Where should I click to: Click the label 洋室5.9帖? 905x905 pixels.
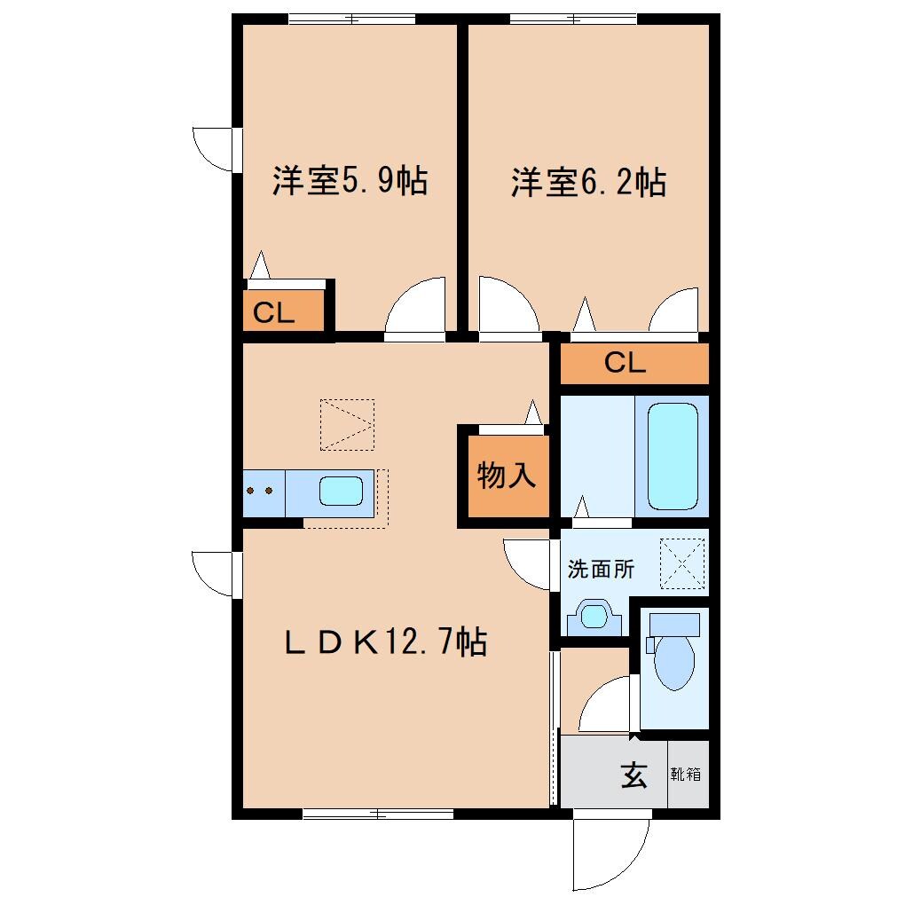tap(350, 182)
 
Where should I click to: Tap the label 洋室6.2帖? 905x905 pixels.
tap(588, 183)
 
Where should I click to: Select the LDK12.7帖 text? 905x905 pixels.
tap(385, 641)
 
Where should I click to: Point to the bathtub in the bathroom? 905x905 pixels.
tap(672, 456)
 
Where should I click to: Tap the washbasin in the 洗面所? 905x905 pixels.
tap(593, 615)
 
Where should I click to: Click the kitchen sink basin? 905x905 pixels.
tap(341, 491)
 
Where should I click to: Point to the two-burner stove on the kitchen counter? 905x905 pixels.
tap(264, 491)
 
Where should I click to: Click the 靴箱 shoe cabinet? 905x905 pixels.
tap(687, 775)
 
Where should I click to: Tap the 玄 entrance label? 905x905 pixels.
tap(633, 775)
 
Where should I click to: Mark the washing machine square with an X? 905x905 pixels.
tap(685, 564)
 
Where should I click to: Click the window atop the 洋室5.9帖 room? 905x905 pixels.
tap(352, 19)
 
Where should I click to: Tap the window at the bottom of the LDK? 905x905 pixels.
tap(377, 814)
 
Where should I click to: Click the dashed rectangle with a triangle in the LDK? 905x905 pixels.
tap(347, 424)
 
